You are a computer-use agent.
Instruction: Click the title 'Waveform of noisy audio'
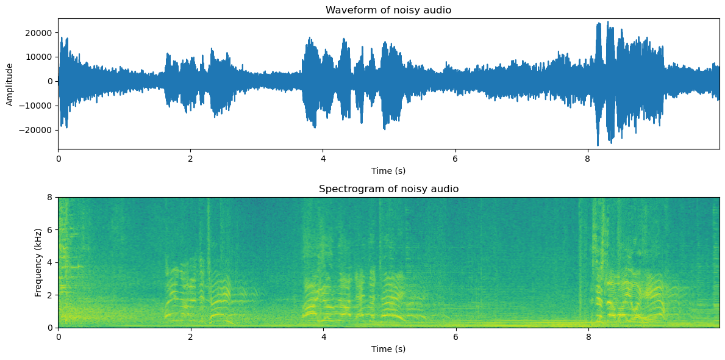388,10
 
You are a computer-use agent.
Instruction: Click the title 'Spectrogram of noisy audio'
388,189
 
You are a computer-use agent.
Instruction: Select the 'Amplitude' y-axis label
10,84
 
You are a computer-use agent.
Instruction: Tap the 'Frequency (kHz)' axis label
38,262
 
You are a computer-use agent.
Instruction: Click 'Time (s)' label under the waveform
388,170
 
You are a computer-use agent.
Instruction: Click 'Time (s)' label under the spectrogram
388,349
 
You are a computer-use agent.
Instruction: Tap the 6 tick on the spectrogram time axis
455,336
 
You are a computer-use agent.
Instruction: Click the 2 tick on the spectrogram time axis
191,336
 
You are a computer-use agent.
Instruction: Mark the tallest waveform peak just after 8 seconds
607,22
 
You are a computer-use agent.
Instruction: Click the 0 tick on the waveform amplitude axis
51,81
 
